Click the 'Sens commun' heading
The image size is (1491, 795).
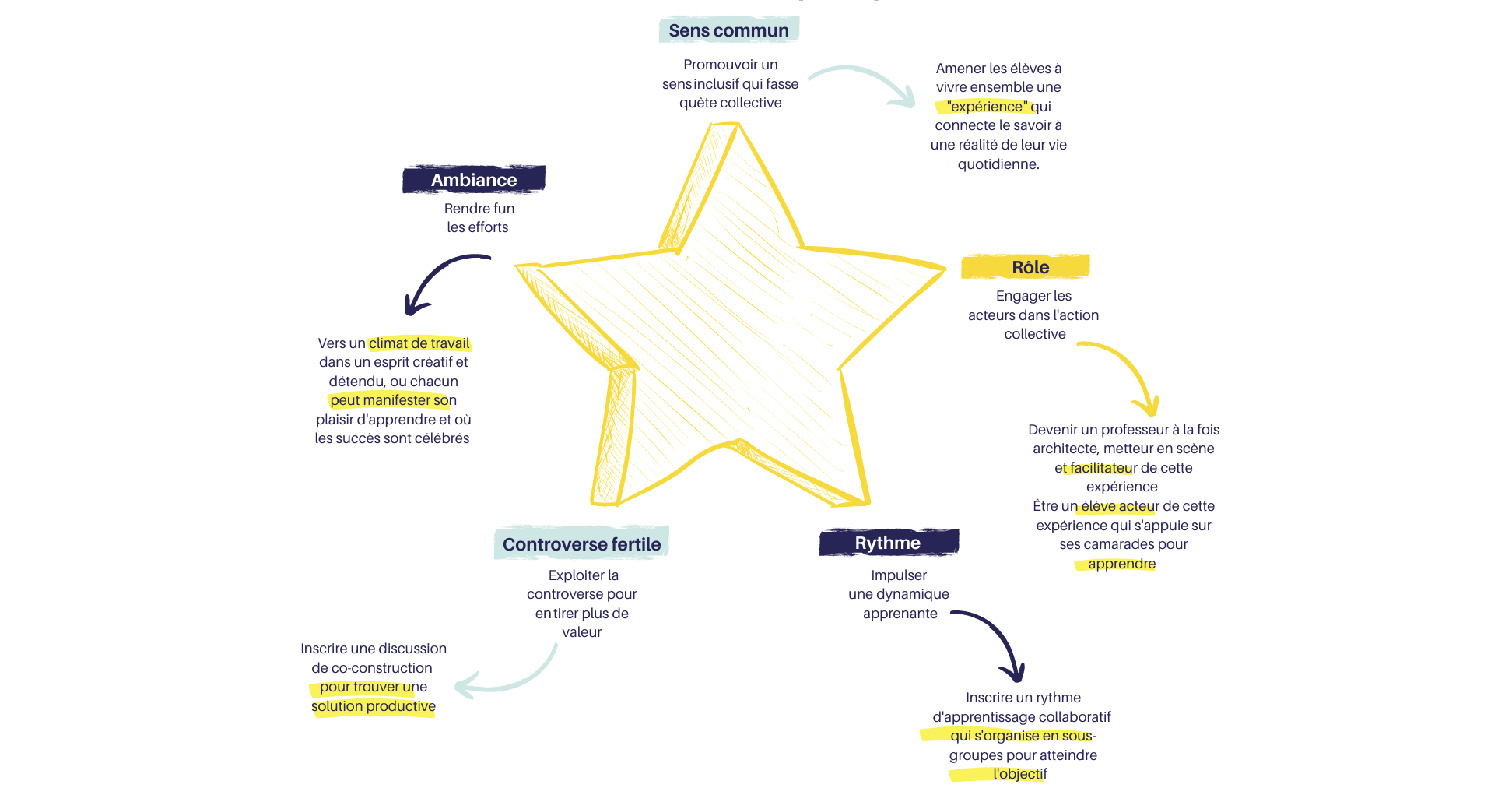click(728, 30)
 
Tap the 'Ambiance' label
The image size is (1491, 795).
click(474, 180)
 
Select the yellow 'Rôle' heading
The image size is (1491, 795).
click(1030, 267)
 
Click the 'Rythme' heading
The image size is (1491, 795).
click(887, 543)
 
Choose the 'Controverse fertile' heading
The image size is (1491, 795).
click(581, 544)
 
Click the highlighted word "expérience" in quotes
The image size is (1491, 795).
click(988, 107)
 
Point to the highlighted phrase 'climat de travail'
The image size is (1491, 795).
click(419, 343)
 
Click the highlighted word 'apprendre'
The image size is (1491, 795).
click(1121, 564)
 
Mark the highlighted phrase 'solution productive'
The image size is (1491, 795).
click(374, 706)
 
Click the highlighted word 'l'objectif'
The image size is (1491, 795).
click(1019, 774)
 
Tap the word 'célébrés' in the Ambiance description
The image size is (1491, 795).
click(444, 438)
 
